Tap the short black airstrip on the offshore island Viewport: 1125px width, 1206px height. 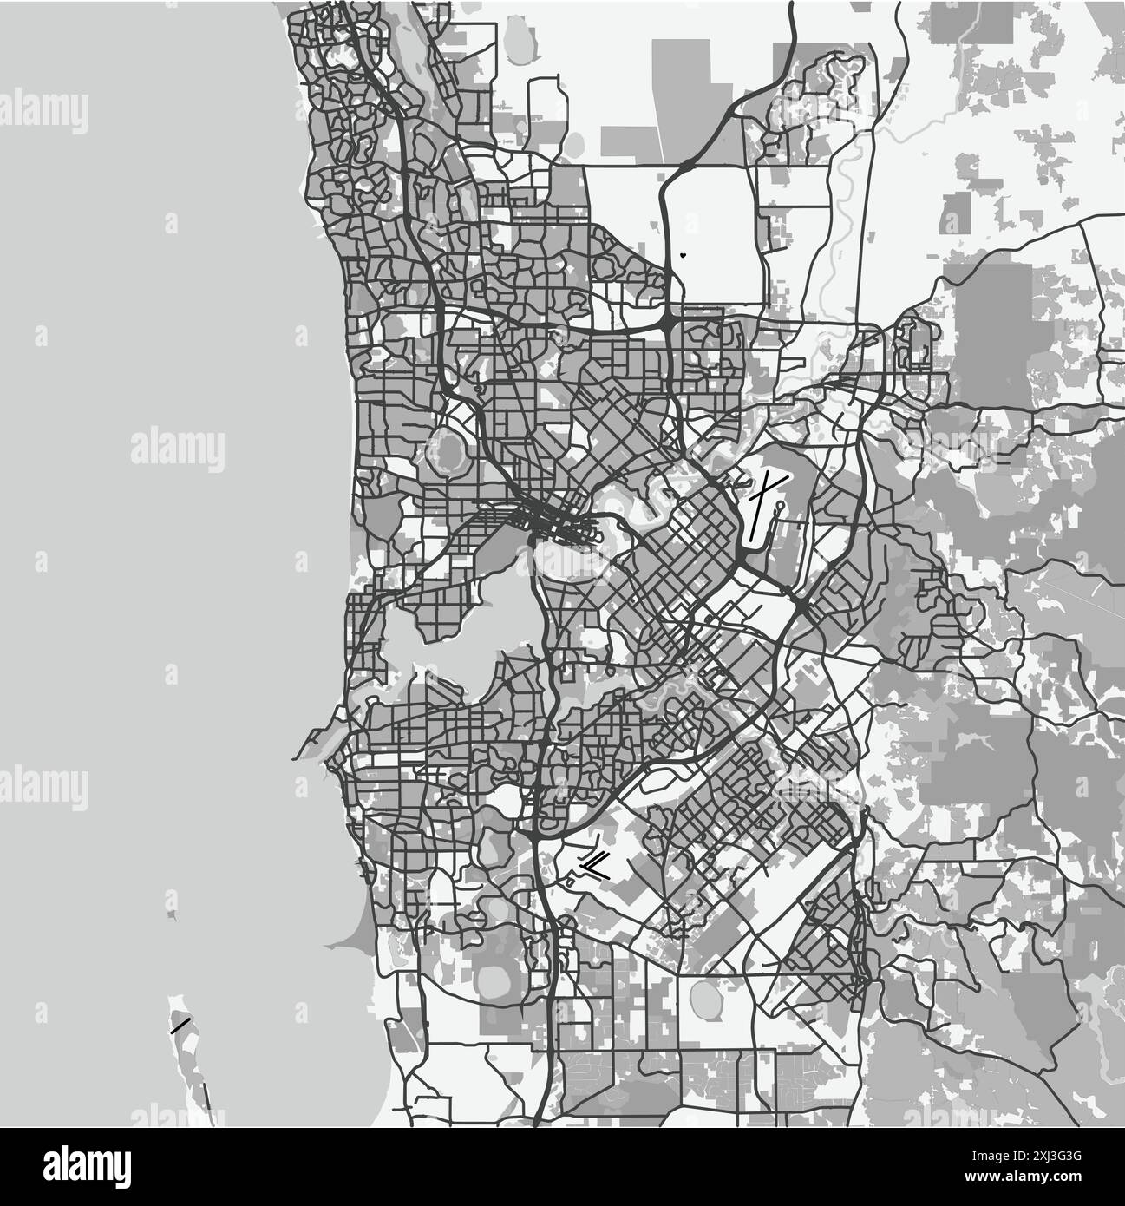coord(180,1026)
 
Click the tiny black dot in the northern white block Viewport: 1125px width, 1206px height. coord(683,255)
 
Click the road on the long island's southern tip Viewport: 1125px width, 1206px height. coord(205,1098)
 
